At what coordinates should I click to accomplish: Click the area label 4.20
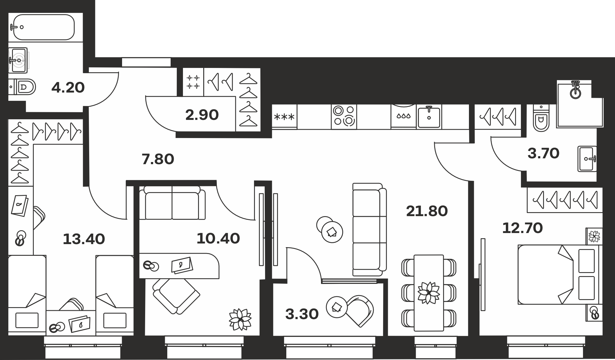coord(68,88)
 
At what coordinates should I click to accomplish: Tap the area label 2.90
coord(202,115)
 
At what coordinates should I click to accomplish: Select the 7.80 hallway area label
coord(158,159)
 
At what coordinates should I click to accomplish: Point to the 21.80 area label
coord(427,211)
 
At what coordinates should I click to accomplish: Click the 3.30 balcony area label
coord(302,314)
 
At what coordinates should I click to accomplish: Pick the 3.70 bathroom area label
coord(543,153)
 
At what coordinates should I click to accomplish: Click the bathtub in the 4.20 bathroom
coord(43,27)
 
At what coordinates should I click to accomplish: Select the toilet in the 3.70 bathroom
coord(541,118)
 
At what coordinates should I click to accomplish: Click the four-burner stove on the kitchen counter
coord(344,117)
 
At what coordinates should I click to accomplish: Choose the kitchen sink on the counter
coord(429,117)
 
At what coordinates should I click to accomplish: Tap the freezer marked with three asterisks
coord(284,117)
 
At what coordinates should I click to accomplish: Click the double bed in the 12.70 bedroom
coord(560,275)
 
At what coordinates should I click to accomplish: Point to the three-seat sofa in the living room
coord(369,229)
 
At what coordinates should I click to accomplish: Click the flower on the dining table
coord(428,293)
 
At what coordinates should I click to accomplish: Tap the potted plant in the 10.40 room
coord(240,319)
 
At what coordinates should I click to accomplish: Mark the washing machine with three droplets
coord(404,117)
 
